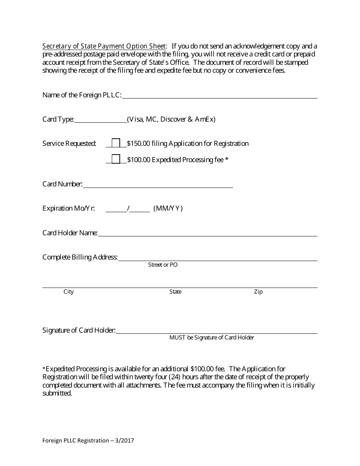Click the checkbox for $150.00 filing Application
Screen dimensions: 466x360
(x=116, y=143)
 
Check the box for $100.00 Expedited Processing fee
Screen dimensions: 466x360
(x=116, y=159)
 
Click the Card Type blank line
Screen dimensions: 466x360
(x=100, y=120)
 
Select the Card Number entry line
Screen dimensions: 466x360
(x=158, y=185)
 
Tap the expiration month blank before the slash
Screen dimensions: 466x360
(x=116, y=209)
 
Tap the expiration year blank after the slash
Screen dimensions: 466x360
(x=140, y=209)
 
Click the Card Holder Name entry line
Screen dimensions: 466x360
(x=207, y=233)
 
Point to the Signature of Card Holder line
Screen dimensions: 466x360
(x=216, y=331)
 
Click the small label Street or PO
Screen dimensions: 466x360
(x=163, y=265)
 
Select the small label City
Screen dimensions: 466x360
(x=69, y=292)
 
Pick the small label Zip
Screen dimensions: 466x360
(x=258, y=292)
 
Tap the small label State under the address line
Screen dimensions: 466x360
(x=175, y=292)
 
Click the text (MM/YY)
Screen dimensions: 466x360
(x=168, y=208)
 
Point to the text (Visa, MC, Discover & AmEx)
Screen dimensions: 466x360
(x=171, y=119)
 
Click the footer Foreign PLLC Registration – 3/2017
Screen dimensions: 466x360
(x=88, y=441)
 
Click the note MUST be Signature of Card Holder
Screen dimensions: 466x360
(x=211, y=338)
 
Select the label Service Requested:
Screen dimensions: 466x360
(x=69, y=144)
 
